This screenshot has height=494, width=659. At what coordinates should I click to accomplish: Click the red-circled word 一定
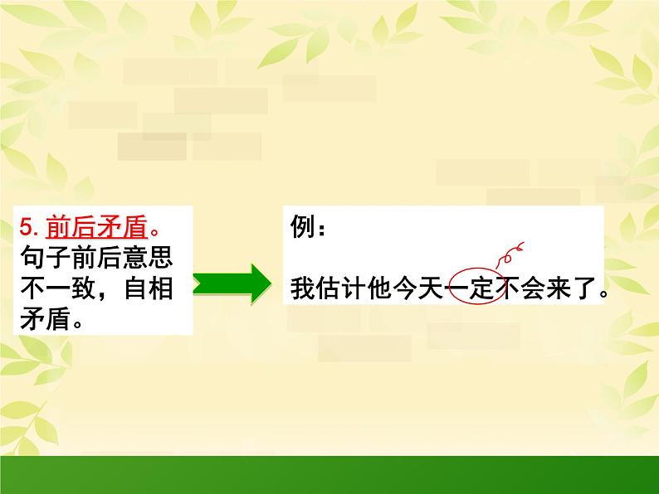click(473, 289)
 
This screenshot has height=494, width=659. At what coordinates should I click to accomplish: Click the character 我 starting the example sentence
click(301, 289)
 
